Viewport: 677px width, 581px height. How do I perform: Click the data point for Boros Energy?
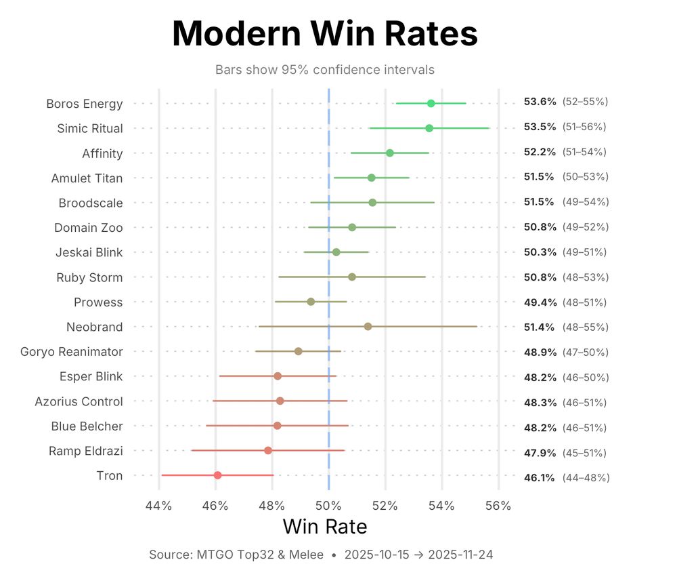tap(431, 103)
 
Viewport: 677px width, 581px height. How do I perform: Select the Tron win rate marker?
tap(217, 475)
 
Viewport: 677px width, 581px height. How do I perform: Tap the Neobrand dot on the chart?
tap(368, 327)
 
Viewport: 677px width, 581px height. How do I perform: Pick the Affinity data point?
tap(389, 153)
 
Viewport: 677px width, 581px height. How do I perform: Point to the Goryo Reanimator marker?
tap(298, 351)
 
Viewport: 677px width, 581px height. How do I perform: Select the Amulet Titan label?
tap(87, 178)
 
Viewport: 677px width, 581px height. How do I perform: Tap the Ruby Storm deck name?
tap(89, 277)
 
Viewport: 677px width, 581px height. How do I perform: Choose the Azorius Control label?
tap(79, 401)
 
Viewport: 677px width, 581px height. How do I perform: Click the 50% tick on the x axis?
tap(328, 506)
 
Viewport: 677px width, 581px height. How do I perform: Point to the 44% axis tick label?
tap(158, 506)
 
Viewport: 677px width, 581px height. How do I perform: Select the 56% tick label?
tap(498, 506)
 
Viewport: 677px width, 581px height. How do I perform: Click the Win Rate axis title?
tap(324, 527)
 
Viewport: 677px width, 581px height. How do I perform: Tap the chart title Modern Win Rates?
tap(324, 34)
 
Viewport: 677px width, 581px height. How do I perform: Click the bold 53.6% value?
tap(540, 102)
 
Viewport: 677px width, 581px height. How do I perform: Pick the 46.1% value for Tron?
tap(540, 477)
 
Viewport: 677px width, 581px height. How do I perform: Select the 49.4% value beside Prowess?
tap(540, 302)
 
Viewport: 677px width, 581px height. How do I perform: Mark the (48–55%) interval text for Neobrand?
tap(585, 327)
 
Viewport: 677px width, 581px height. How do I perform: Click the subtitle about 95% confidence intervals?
tap(324, 70)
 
